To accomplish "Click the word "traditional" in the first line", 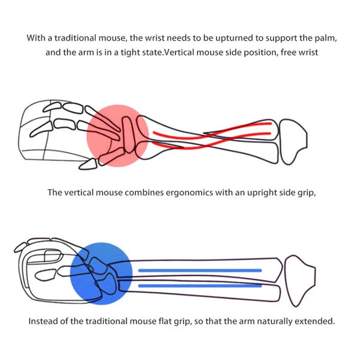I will [75, 38].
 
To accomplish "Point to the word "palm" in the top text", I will [323, 38].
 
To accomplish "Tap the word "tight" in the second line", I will [128, 52].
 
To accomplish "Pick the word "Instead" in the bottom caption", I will [44, 321].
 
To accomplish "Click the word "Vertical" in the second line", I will [187, 52].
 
